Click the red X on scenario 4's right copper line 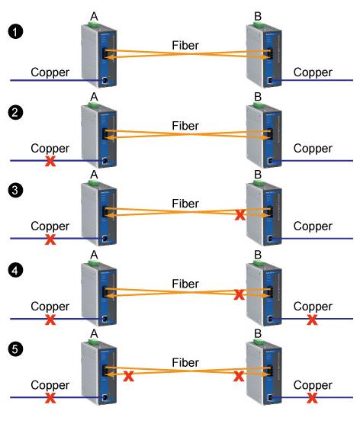[x=311, y=320]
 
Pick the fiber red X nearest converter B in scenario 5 [x=240, y=375]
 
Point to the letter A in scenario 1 [x=94, y=14]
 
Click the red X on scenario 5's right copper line [x=311, y=397]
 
